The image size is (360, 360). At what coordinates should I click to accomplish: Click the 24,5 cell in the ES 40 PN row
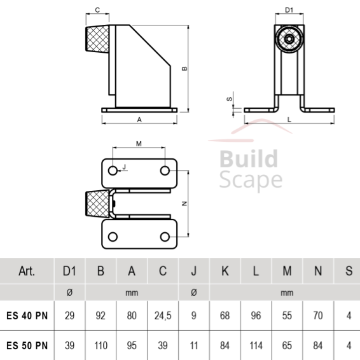pyautogui.click(x=163, y=315)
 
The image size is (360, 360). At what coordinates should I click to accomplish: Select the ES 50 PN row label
pyautogui.click(x=27, y=345)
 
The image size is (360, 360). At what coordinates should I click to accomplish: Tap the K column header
pyautogui.click(x=225, y=271)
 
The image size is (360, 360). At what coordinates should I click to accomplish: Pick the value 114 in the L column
pyautogui.click(x=256, y=345)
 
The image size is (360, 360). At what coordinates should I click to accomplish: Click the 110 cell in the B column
pyautogui.click(x=100, y=345)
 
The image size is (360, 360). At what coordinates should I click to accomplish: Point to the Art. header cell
pyautogui.click(x=27, y=271)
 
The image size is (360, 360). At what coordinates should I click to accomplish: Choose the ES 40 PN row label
pyautogui.click(x=27, y=315)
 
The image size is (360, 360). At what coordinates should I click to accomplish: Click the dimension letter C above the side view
pyautogui.click(x=97, y=10)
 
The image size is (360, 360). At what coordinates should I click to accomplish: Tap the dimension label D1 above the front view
pyautogui.click(x=289, y=10)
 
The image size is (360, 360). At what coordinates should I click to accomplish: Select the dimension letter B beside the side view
pyautogui.click(x=184, y=69)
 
